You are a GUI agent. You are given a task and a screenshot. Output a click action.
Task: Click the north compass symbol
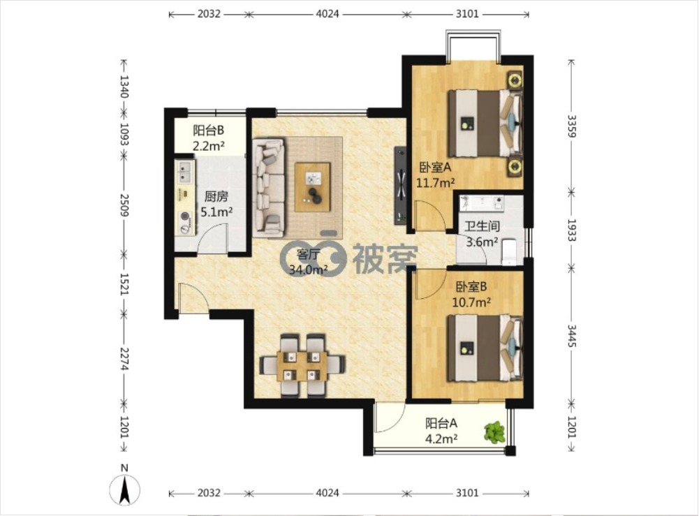coord(125,489)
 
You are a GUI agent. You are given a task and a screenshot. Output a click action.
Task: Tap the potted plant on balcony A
coord(495,432)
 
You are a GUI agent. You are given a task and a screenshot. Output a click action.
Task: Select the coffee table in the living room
coord(313,186)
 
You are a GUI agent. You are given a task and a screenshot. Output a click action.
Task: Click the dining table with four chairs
coord(302,365)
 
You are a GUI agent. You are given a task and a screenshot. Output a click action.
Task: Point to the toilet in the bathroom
coord(508,252)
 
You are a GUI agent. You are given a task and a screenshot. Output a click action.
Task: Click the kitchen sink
coord(184,172)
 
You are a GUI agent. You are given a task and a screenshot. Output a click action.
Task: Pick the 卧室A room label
coord(436,168)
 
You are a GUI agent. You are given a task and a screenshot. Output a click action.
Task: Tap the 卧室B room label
coord(471,286)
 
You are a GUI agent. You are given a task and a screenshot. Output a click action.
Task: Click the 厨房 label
coord(216,196)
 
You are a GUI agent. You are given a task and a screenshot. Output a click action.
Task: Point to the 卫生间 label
coord(482,226)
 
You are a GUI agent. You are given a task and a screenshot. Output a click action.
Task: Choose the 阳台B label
coord(208,131)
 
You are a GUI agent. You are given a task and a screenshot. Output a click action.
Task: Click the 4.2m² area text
coord(441,439)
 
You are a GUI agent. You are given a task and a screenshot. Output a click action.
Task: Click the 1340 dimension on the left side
coord(124,87)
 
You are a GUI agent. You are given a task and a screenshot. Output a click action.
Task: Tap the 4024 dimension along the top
coord(328,14)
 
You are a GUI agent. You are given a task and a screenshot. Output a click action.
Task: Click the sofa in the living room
coord(268,187)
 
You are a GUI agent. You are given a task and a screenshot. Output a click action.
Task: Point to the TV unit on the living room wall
coord(400,186)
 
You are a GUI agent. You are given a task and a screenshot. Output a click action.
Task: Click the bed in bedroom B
coord(485,348)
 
